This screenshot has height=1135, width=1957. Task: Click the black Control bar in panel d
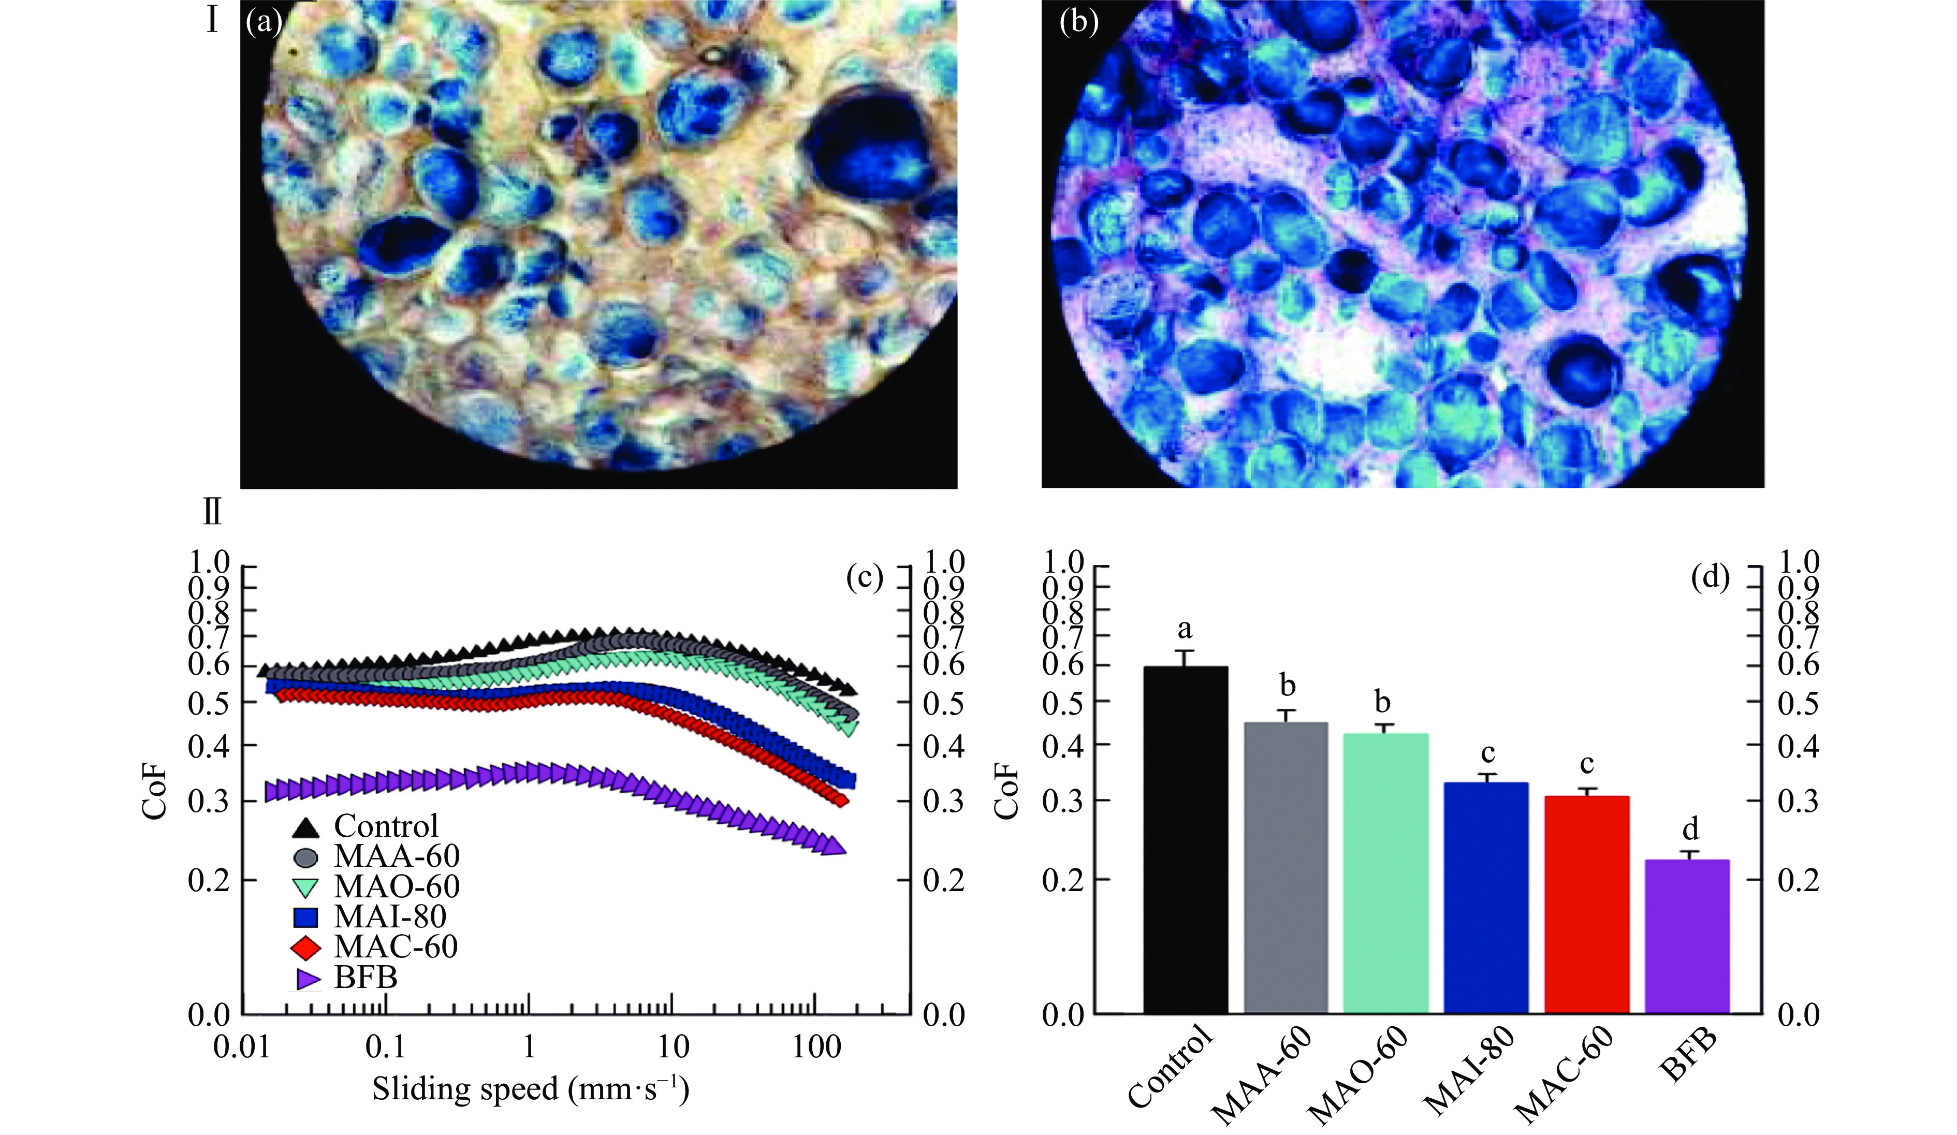(1185, 839)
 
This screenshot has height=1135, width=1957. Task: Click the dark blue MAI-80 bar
(1486, 898)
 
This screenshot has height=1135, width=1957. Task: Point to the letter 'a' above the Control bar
(1185, 629)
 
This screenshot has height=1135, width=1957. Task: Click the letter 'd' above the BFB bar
(1690, 830)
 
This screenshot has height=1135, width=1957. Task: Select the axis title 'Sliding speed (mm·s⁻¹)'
(530, 1089)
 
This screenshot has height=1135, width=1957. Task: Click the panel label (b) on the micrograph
(1079, 23)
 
